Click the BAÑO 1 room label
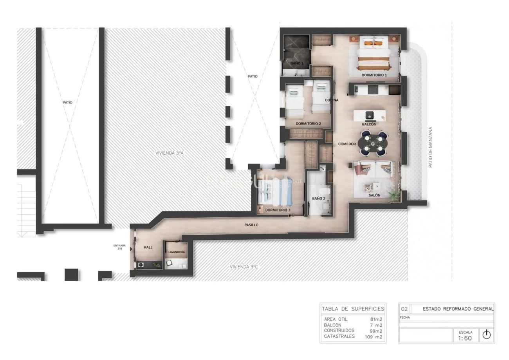(297, 63)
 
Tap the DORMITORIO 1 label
(374, 75)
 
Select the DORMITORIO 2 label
(309, 124)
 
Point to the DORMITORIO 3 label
(278, 210)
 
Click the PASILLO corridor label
(251, 225)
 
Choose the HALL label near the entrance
(148, 247)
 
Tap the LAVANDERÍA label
(177, 252)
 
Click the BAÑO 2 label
(319, 198)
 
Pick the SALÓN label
(374, 195)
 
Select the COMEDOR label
(347, 144)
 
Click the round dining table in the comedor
(373, 143)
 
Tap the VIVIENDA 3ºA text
(170, 153)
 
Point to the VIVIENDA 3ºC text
(244, 267)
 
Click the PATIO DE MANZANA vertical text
(430, 147)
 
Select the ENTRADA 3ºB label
(119, 247)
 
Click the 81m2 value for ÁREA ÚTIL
(376, 319)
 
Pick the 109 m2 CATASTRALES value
(374, 337)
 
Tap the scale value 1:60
(465, 338)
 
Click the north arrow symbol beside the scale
(487, 335)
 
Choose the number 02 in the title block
(404, 309)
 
